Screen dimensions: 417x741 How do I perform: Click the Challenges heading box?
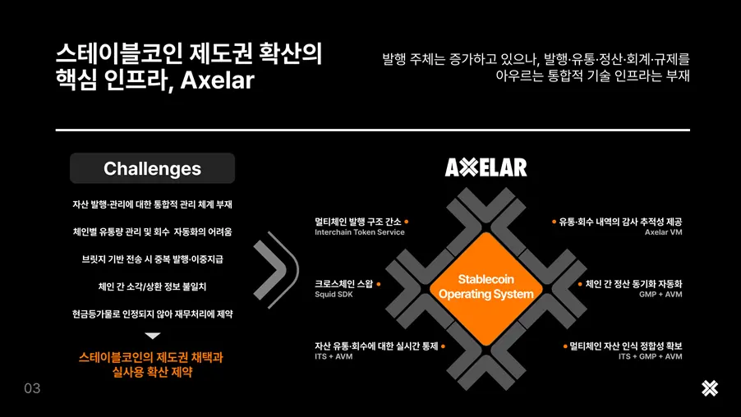[152, 168]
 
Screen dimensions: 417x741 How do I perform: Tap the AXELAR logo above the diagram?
[486, 167]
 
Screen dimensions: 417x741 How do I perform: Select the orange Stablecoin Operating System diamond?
[486, 286]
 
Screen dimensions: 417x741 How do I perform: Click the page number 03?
[32, 388]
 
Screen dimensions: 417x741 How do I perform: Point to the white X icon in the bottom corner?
[710, 388]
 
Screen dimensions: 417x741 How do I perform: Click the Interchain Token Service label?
[359, 232]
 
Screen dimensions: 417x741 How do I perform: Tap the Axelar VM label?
[663, 232]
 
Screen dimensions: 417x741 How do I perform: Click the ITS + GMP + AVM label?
[650, 357]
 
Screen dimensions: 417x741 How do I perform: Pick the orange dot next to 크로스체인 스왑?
[378, 284]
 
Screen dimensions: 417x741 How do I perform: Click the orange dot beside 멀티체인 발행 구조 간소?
[407, 222]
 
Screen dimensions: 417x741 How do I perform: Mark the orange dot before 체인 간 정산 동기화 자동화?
[580, 284]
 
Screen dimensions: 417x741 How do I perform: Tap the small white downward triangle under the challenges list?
[153, 336]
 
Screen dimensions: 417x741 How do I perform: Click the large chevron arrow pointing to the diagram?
[277, 267]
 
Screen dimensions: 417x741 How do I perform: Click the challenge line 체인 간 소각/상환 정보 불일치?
[152, 286]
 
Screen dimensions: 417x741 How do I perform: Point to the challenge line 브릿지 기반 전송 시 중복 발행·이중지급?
[152, 259]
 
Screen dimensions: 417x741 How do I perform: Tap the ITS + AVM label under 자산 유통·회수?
[334, 357]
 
